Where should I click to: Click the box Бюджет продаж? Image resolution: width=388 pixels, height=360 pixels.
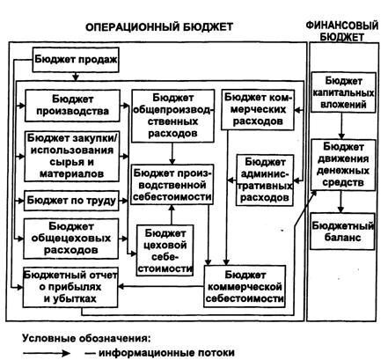76,60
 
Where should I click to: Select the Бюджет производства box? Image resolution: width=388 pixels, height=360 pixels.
72,106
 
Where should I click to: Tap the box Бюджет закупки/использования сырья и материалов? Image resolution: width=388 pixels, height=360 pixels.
72,156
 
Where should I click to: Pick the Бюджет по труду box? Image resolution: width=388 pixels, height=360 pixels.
71,201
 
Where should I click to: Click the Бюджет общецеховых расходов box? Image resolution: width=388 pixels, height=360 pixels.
71,239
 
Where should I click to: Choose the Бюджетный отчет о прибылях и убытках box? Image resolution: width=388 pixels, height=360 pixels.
70,287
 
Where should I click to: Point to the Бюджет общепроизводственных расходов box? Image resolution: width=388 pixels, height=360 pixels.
172,116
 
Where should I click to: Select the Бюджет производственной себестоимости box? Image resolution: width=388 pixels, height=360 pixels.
172,185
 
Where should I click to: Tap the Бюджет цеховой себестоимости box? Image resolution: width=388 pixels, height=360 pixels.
165,250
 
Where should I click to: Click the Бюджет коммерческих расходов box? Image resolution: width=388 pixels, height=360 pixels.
258,110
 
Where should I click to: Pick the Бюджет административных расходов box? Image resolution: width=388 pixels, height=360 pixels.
265,180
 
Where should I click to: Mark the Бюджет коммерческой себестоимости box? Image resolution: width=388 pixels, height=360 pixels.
245,286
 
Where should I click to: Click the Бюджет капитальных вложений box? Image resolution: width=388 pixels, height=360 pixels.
343,92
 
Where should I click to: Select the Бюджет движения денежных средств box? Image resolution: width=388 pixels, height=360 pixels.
343,165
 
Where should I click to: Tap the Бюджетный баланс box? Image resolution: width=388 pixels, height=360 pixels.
343,231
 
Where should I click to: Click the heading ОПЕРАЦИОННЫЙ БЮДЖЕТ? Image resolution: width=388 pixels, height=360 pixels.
159,27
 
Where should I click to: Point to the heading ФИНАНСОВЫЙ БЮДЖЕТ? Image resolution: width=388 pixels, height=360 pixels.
342,31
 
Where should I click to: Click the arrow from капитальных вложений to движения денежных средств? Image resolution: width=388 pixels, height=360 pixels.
341,126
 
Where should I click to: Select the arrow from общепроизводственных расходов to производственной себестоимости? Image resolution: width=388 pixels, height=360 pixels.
172,153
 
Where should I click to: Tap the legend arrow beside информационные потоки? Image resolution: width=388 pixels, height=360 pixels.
47,353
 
